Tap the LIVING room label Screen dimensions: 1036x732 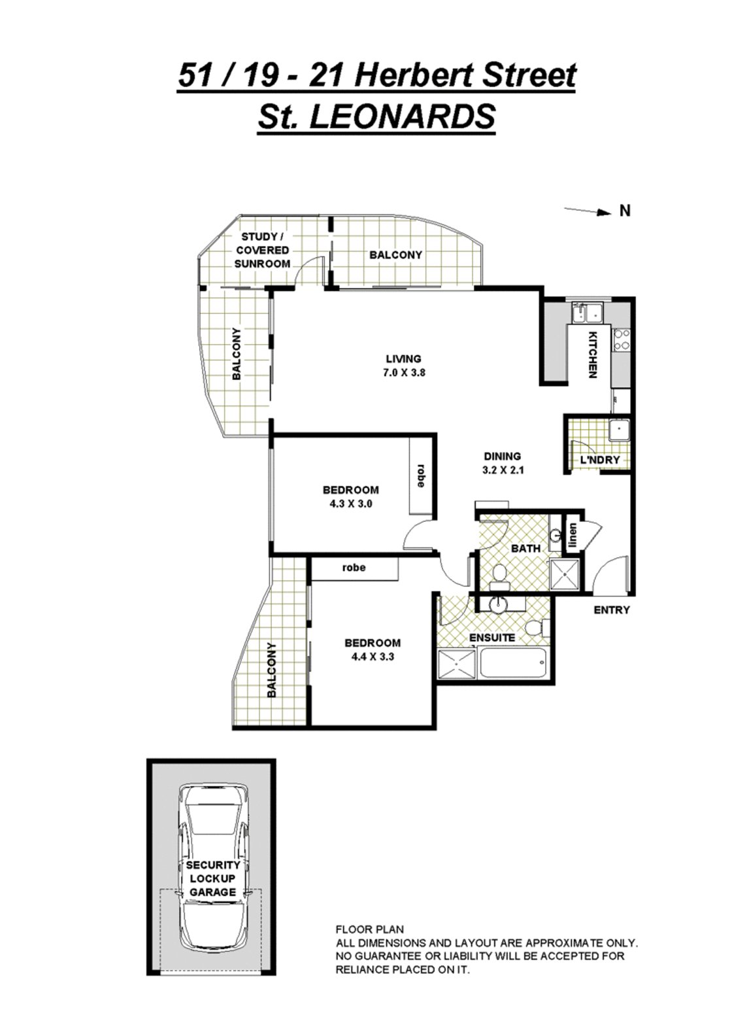403,358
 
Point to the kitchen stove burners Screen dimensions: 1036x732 622,339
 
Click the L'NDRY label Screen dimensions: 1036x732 599,460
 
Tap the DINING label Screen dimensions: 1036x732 502,457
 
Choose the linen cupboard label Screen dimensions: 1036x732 573,537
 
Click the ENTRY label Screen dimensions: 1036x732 611,610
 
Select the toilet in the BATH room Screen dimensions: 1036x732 500,574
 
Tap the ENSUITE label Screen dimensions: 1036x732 492,637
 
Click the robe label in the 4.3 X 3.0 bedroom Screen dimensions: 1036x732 421,476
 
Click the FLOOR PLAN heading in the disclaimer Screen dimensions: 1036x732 369,929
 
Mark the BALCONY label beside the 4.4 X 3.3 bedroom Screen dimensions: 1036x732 272,670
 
